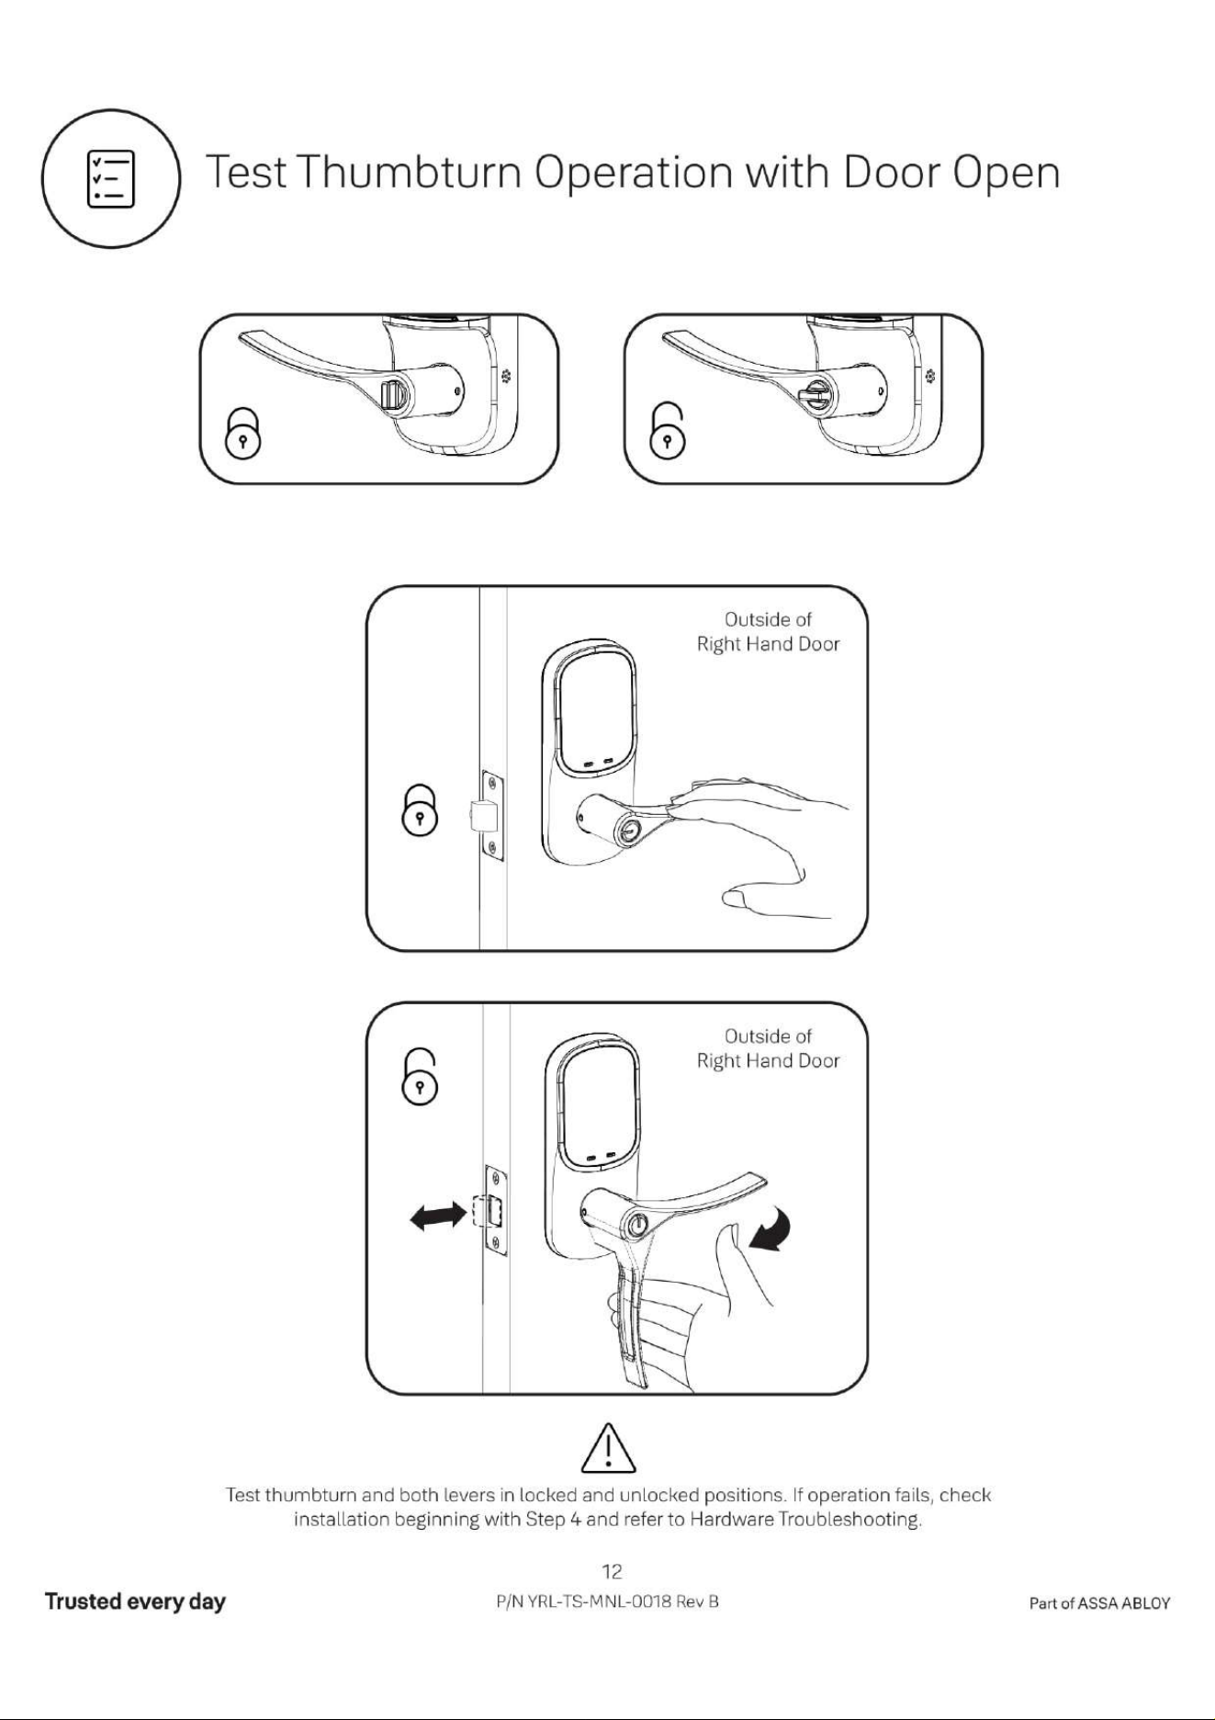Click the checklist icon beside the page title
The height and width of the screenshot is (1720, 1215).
[110, 178]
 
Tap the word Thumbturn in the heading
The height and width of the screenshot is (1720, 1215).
[410, 173]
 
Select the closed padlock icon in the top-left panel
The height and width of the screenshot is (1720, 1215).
[243, 432]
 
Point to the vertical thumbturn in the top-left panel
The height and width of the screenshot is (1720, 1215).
[390, 396]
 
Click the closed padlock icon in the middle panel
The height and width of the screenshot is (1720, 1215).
[420, 809]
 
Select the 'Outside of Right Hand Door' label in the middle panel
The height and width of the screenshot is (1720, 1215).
[768, 632]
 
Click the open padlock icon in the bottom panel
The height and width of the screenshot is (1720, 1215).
[419, 1077]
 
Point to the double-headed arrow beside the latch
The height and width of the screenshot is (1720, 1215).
[437, 1217]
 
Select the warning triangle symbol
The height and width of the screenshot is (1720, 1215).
[609, 1447]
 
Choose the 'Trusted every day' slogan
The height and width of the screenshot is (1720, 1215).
[135, 1602]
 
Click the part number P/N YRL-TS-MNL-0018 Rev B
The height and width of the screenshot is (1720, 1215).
[607, 1602]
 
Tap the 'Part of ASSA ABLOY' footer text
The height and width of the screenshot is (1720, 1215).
[1100, 1603]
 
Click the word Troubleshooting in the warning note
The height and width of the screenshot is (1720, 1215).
[849, 1520]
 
